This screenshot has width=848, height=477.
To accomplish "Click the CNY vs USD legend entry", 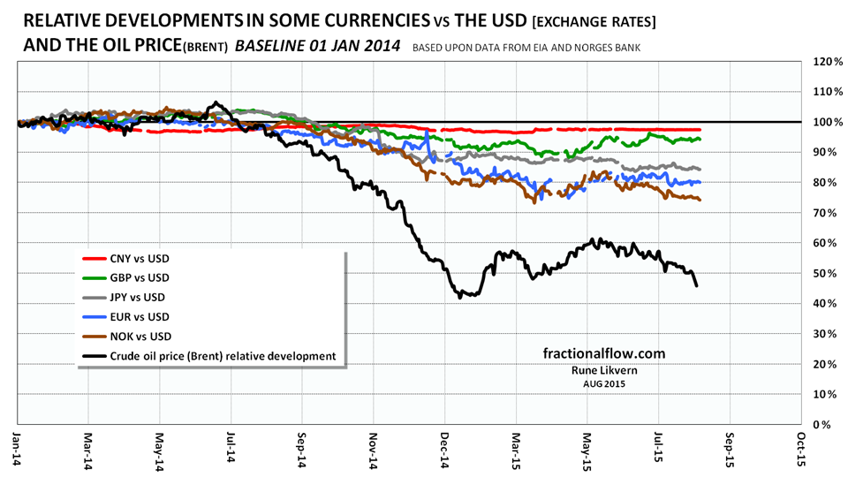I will pos(140,259).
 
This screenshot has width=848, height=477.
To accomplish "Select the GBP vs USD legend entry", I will pos(140,278).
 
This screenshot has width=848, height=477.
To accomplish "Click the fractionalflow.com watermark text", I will pos(603,353).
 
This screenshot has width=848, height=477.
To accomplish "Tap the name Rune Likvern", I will pos(603,371).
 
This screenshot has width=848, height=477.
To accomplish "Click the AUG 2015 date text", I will pos(603,384).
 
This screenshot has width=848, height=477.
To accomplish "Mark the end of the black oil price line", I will pos(697,285).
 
